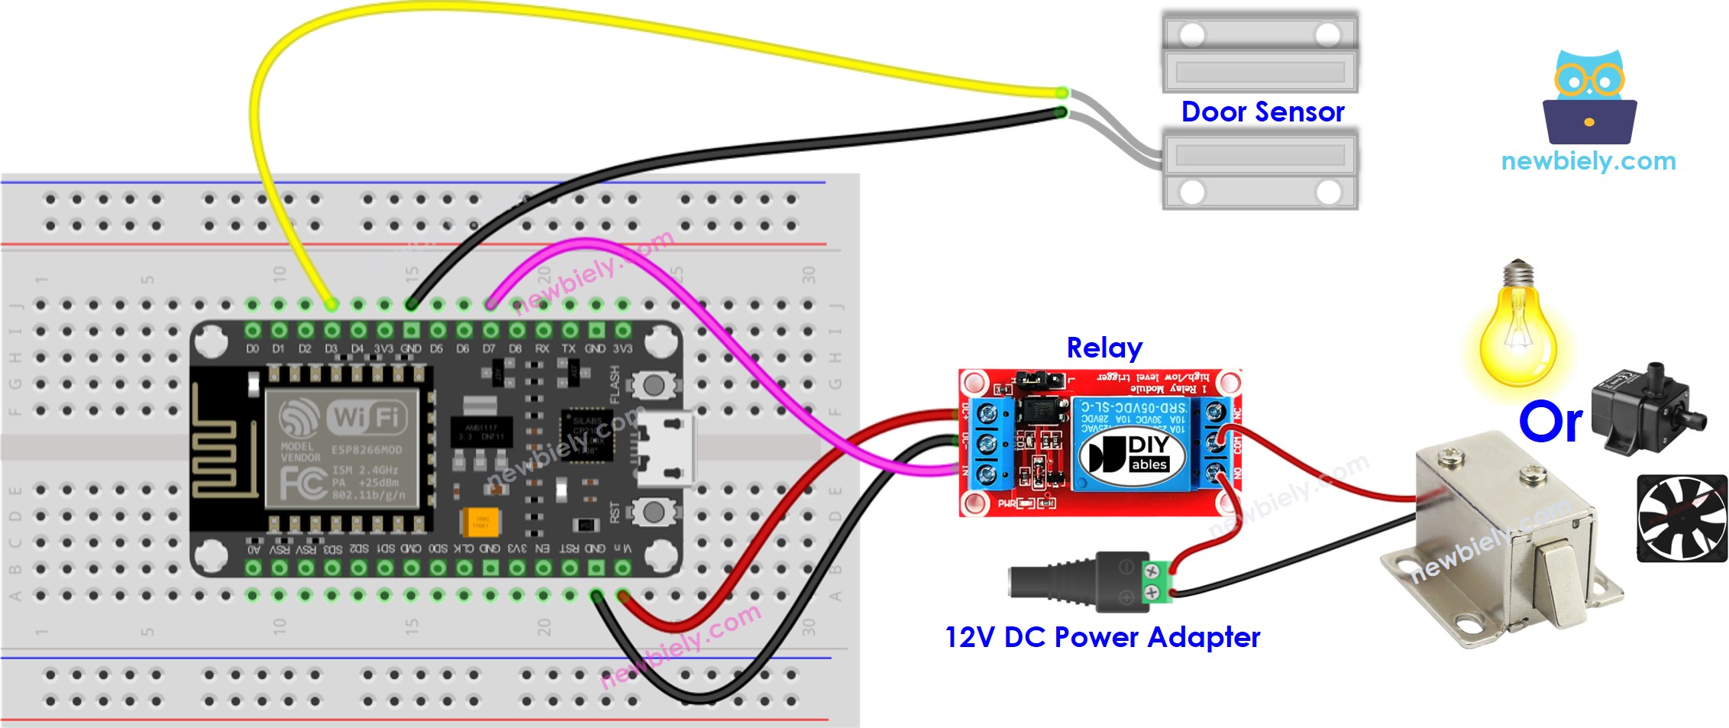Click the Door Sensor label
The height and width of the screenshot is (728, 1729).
(1262, 112)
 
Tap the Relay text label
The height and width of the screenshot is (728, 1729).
(1104, 348)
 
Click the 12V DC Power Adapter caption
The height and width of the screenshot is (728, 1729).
(1102, 637)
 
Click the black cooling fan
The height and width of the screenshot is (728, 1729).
(1682, 518)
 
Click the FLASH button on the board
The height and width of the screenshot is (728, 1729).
(653, 385)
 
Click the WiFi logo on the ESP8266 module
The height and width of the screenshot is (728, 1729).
(365, 417)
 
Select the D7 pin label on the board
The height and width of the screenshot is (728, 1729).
(489, 349)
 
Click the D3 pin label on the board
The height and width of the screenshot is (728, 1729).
(331, 349)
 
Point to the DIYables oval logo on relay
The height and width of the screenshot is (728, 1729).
(1132, 455)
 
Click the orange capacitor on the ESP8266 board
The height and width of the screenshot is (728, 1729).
(480, 522)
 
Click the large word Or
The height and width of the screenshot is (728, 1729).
(1550, 422)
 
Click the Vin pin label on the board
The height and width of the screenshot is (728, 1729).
(622, 548)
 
